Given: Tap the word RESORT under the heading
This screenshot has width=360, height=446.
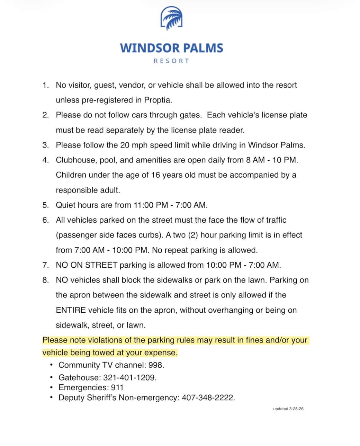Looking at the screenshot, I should pyautogui.click(x=171, y=61).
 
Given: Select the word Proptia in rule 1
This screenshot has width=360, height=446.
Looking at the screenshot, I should pyautogui.click(x=157, y=100).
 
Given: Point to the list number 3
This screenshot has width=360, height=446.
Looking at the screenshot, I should pyautogui.click(x=46, y=145).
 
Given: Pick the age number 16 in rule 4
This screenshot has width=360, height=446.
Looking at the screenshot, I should pyautogui.click(x=155, y=175).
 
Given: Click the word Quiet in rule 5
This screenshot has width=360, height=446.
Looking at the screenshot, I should pyautogui.click(x=65, y=205).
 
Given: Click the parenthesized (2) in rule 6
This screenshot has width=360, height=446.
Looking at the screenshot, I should pyautogui.click(x=193, y=235).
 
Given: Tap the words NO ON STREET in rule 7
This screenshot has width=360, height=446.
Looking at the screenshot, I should pyautogui.click(x=87, y=265).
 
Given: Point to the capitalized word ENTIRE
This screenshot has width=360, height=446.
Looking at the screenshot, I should pyautogui.click(x=71, y=310).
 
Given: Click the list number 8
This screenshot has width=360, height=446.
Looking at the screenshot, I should pyautogui.click(x=46, y=280).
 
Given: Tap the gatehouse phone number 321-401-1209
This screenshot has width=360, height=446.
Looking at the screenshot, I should pyautogui.click(x=129, y=377).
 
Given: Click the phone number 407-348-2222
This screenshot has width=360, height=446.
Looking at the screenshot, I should pyautogui.click(x=208, y=398).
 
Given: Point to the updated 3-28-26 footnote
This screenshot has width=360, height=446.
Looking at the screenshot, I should pyautogui.click(x=288, y=409).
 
